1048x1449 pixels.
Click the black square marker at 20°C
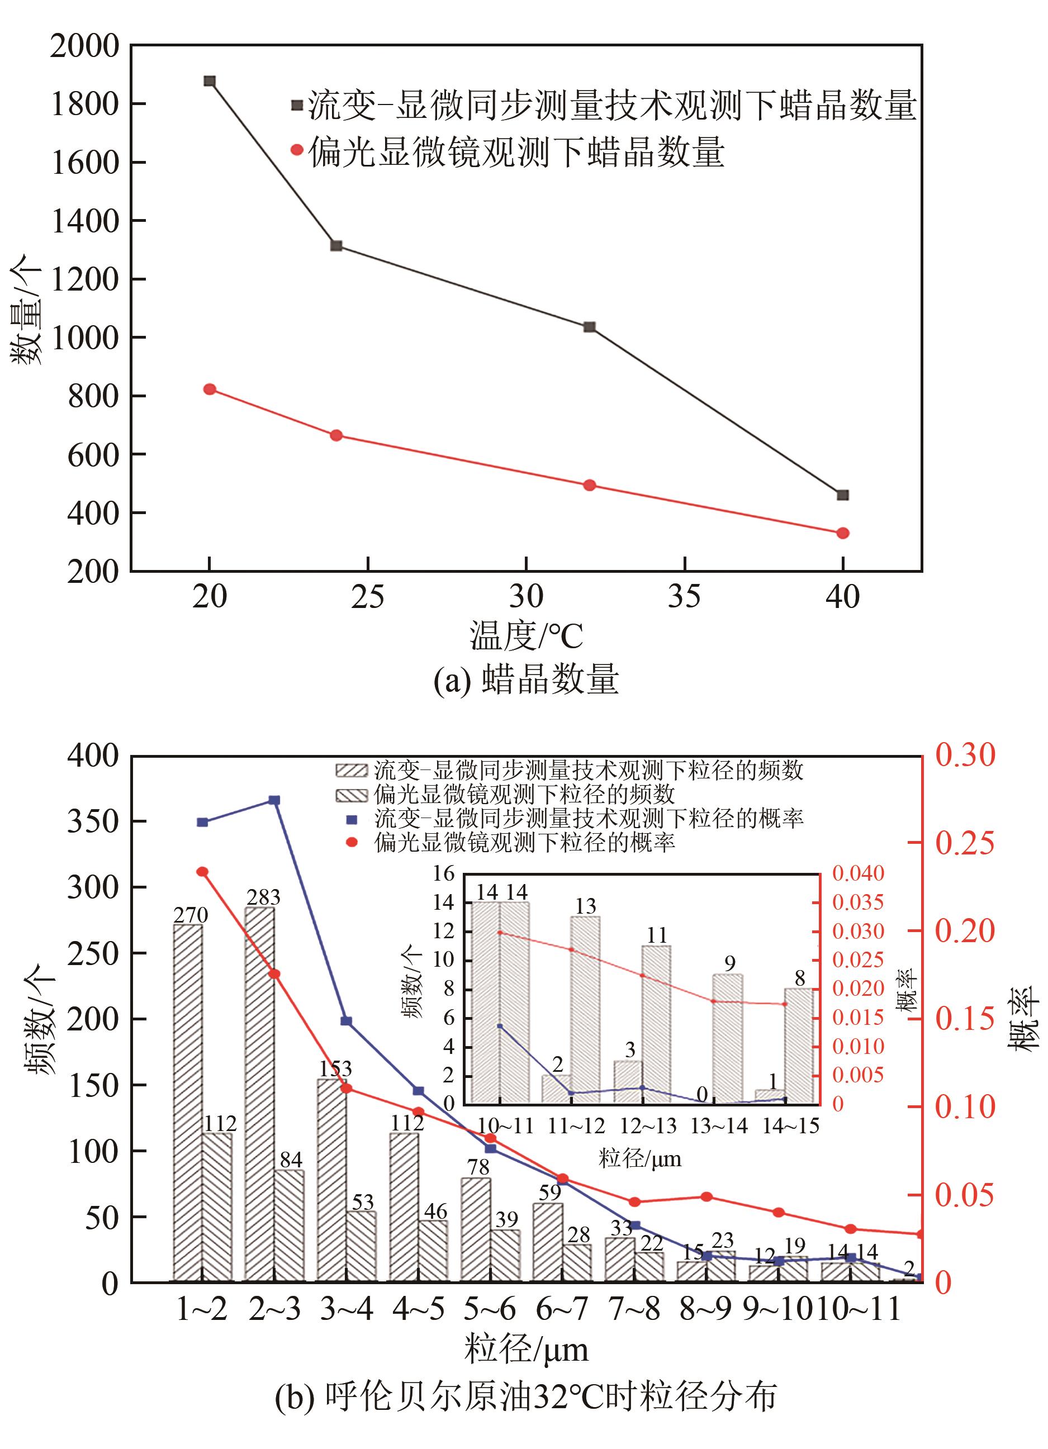[210, 81]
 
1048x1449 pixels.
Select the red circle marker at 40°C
[843, 533]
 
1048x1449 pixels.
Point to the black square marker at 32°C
[590, 327]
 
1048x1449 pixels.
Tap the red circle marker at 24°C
[336, 436]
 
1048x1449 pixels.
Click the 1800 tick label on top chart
[85, 104]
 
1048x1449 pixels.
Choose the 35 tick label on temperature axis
[684, 597]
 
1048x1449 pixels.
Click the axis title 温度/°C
[526, 636]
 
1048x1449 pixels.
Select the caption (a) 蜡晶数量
[526, 678]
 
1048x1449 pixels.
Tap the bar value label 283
[263, 897]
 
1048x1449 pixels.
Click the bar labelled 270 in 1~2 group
[188, 1102]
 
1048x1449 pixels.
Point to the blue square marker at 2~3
[274, 800]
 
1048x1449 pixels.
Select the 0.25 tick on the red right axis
[965, 843]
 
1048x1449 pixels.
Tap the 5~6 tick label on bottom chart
[490, 1309]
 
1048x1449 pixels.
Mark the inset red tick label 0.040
[858, 873]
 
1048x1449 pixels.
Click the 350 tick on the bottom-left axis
[93, 821]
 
